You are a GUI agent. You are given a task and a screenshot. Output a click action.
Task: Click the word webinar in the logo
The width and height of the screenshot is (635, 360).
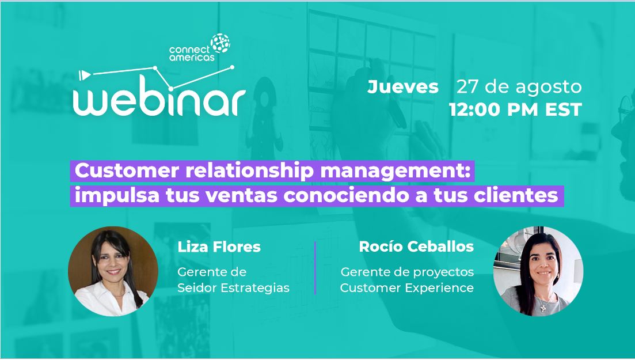tap(159, 102)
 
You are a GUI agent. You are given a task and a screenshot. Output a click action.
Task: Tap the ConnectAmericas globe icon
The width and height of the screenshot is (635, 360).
tap(220, 43)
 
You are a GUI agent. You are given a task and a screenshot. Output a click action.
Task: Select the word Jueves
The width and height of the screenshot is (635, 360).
tap(403, 87)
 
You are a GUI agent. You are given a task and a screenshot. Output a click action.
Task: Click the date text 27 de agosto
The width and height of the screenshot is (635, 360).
tap(519, 87)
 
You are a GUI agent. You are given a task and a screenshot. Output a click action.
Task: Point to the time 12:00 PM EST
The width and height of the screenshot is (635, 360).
tap(515, 109)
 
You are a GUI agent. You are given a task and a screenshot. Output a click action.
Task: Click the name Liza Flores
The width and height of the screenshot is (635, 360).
tap(219, 247)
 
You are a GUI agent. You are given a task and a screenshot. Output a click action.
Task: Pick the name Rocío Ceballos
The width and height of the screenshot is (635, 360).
tap(416, 247)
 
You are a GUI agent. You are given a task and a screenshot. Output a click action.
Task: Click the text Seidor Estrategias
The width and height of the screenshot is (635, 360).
tap(233, 287)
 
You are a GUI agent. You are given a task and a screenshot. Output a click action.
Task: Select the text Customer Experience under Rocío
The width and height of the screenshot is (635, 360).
tap(406, 287)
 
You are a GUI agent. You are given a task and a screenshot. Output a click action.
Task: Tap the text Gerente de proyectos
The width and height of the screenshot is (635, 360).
tap(407, 271)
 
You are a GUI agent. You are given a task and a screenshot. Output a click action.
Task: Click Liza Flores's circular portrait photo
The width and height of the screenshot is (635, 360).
tap(113, 271)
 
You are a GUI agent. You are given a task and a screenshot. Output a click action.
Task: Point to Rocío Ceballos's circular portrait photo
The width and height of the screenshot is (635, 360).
tap(538, 271)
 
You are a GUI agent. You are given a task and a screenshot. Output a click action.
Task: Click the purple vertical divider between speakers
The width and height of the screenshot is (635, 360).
tap(315, 268)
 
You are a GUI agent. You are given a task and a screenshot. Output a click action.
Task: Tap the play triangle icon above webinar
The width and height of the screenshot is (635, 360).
tap(85, 75)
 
